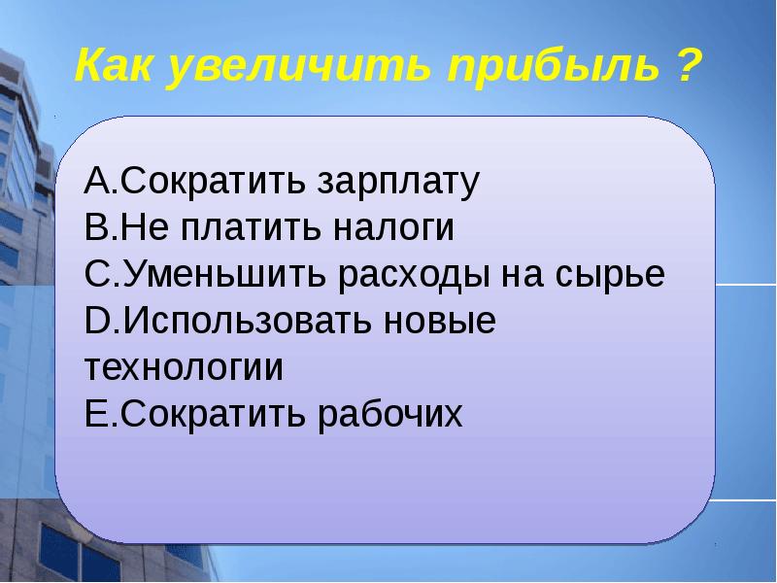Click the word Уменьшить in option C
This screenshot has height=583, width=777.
click(x=223, y=275)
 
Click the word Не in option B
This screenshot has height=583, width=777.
click(x=134, y=228)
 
